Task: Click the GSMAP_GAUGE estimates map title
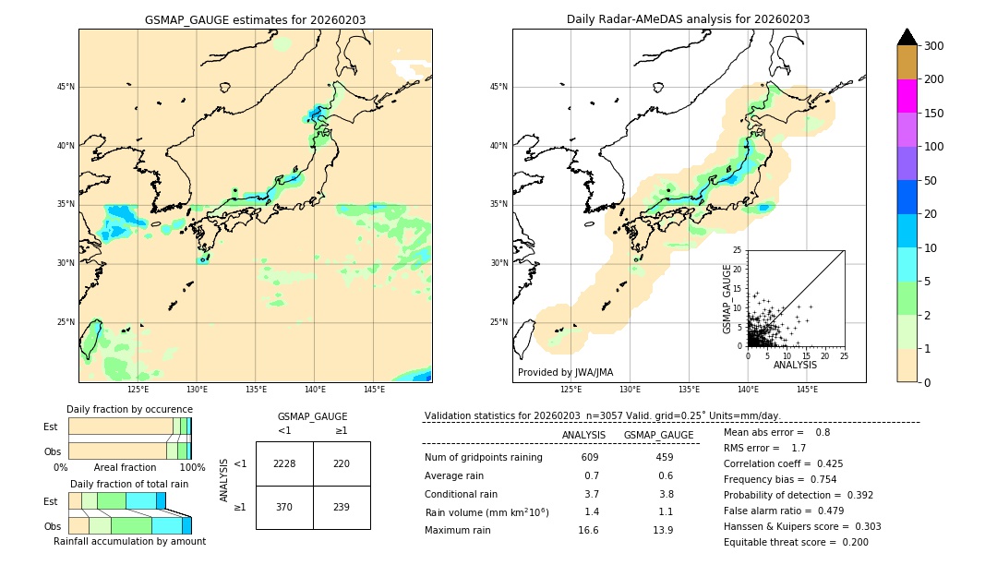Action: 255,19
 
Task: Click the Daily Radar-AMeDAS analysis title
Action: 688,19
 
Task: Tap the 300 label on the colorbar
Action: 934,46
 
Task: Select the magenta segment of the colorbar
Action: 907,96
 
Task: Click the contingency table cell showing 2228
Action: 284,463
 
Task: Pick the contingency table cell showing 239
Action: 341,507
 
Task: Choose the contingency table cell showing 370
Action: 284,507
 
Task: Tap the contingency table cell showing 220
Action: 341,463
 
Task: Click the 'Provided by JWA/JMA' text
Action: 565,373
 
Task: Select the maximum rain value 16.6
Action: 588,531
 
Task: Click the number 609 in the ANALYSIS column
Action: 590,458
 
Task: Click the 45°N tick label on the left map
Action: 65,87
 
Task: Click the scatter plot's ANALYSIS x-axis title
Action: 795,366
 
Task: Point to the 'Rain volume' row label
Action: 486,512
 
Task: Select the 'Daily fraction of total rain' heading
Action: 129,484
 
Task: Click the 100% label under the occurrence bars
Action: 192,467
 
